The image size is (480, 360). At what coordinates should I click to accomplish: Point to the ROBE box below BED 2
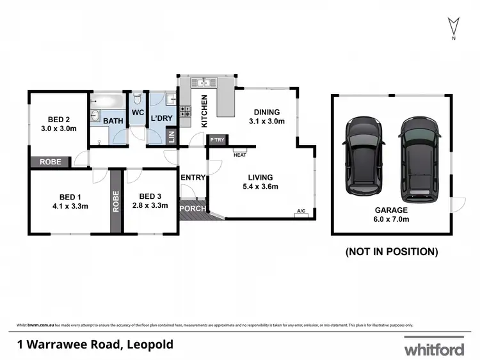[51, 162]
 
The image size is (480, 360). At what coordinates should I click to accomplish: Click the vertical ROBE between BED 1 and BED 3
[116, 201]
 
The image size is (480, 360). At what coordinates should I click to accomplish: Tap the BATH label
[113, 120]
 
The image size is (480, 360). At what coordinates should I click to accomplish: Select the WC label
[138, 113]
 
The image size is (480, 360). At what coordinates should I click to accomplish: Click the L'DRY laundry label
[162, 119]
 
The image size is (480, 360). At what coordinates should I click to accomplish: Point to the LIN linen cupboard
[171, 137]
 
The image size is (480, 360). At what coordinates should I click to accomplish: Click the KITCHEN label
[204, 111]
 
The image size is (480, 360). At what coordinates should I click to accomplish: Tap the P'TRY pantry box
[218, 139]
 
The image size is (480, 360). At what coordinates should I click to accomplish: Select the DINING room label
[266, 113]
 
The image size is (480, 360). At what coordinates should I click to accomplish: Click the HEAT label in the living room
[240, 155]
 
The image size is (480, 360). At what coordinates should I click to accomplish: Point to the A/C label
[301, 212]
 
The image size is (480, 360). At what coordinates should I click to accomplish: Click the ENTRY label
[193, 177]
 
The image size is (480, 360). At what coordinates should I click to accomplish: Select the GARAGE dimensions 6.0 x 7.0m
[392, 219]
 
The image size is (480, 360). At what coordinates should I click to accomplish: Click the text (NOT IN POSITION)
[392, 252]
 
